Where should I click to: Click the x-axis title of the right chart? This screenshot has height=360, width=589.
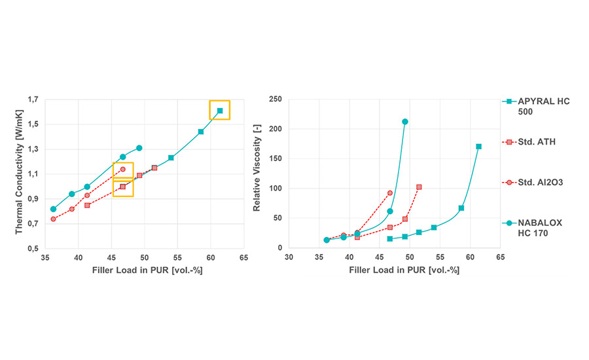click(x=395, y=270)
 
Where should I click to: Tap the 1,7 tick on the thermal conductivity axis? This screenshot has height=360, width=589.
click(x=31, y=99)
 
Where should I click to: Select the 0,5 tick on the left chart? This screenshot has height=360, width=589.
click(x=31, y=249)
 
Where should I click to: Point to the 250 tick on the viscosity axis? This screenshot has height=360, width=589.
click(x=276, y=99)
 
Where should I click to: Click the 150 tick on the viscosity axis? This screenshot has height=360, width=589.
click(x=276, y=159)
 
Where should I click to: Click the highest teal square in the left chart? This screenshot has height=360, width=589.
click(x=220, y=111)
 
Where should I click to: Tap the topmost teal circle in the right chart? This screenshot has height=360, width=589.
click(x=405, y=122)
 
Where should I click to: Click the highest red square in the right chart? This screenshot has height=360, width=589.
click(x=419, y=187)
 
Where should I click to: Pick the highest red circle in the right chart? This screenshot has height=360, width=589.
click(x=390, y=193)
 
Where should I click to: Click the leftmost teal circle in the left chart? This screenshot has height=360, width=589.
click(x=53, y=209)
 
